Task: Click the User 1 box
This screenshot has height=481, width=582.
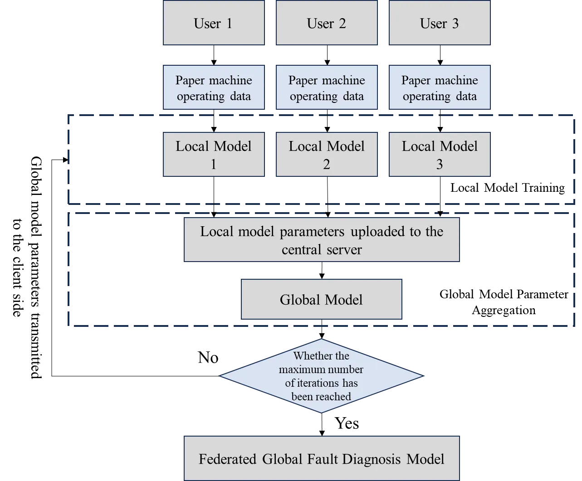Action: click(x=213, y=23)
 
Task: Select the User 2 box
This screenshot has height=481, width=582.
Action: click(x=327, y=23)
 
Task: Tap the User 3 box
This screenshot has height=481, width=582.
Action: click(x=440, y=23)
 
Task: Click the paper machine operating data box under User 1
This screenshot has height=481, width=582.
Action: click(x=213, y=88)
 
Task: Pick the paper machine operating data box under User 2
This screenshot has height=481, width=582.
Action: click(x=327, y=88)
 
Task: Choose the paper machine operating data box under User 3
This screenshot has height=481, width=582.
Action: click(x=440, y=88)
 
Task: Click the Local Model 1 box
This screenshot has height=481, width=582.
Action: click(x=213, y=155)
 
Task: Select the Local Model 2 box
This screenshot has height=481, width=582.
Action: click(x=327, y=155)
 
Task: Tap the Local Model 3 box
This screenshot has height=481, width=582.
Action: click(x=440, y=155)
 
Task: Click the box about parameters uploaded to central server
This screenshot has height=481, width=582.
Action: click(x=322, y=240)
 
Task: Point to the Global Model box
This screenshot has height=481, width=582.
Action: click(x=321, y=300)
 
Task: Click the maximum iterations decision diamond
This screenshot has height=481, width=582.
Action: click(x=321, y=376)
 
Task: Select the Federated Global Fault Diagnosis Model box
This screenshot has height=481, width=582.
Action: click(x=322, y=459)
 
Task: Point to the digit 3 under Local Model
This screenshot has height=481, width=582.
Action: click(x=440, y=164)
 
